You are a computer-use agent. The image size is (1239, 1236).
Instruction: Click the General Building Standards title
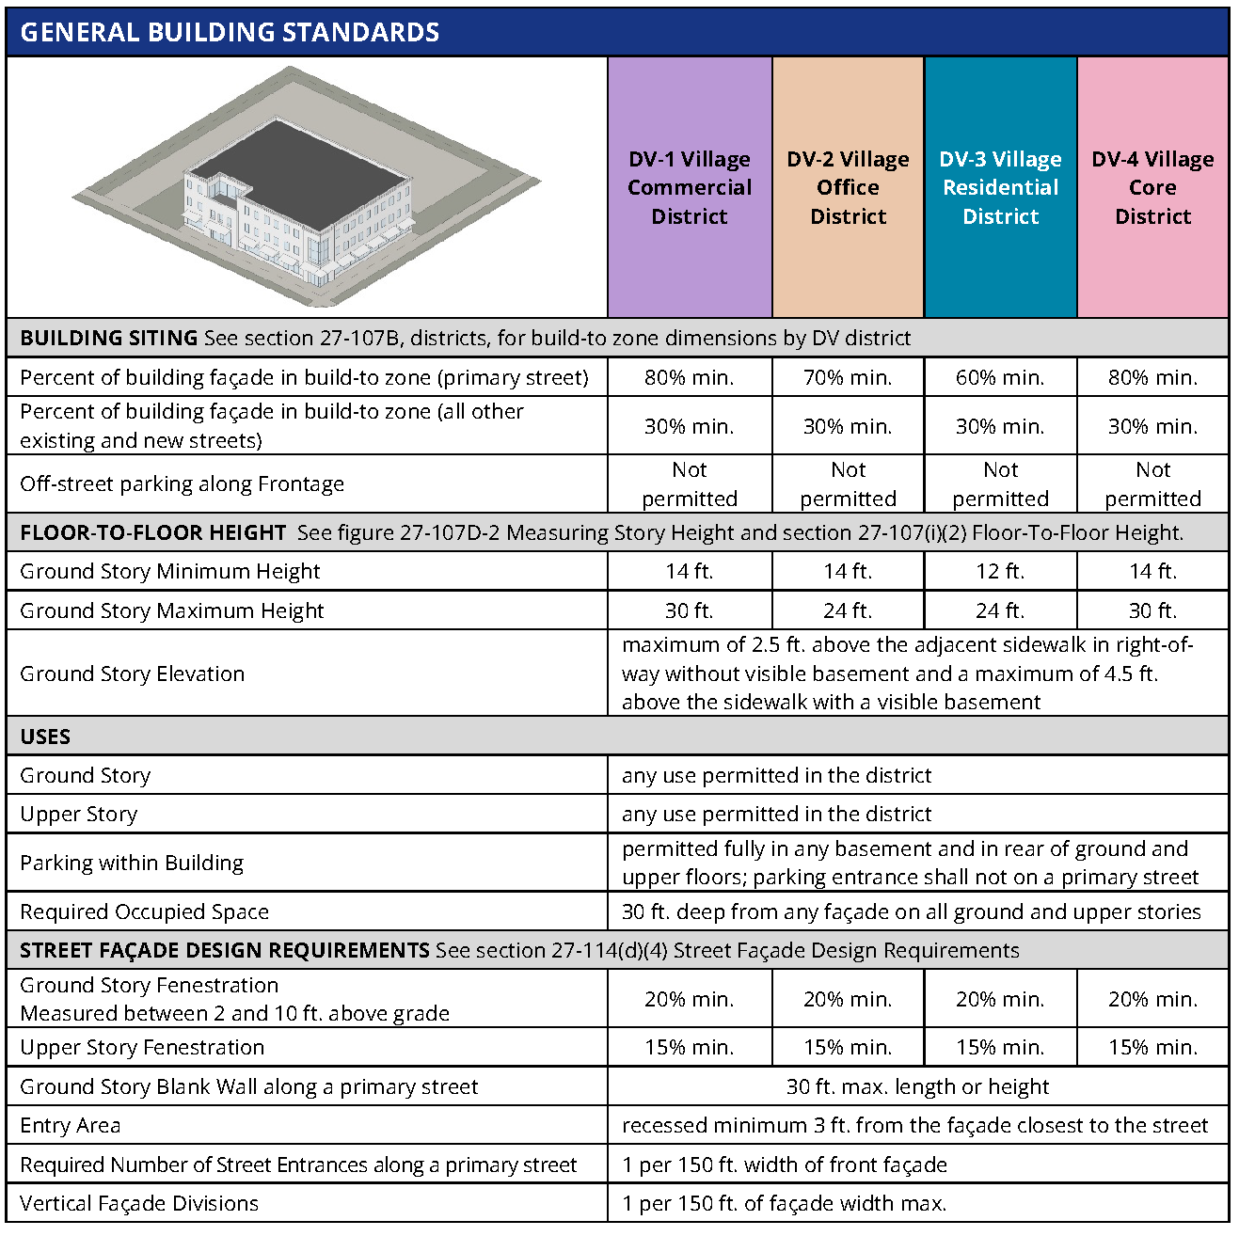[230, 32]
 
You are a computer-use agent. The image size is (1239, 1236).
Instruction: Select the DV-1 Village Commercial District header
[690, 187]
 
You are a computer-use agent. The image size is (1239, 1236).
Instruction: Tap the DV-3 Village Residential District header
[1000, 187]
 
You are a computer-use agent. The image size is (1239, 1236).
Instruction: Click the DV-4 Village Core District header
[1152, 187]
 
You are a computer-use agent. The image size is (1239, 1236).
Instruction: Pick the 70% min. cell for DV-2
[848, 378]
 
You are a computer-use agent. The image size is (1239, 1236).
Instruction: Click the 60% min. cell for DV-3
[1000, 378]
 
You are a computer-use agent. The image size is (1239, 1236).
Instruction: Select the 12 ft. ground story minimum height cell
[1000, 571]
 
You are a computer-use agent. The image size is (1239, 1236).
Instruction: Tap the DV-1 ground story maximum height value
[690, 610]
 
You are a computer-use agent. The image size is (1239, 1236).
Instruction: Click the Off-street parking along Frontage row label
[182, 484]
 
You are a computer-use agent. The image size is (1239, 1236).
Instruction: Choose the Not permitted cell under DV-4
[1152, 484]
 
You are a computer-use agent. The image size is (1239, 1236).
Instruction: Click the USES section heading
[45, 737]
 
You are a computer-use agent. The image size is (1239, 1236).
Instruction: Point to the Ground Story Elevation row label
[132, 673]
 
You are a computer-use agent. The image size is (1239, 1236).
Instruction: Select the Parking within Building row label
[132, 863]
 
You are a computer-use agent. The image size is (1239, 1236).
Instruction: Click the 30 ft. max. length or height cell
[917, 1086]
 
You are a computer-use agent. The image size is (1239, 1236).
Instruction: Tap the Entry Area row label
[71, 1125]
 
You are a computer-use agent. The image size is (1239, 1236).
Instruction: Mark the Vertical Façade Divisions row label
[139, 1203]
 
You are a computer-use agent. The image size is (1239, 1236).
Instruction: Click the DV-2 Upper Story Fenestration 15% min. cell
[848, 1047]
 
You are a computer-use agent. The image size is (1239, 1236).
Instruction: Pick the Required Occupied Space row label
[144, 911]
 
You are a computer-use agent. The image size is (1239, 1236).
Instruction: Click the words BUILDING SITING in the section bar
[108, 338]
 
